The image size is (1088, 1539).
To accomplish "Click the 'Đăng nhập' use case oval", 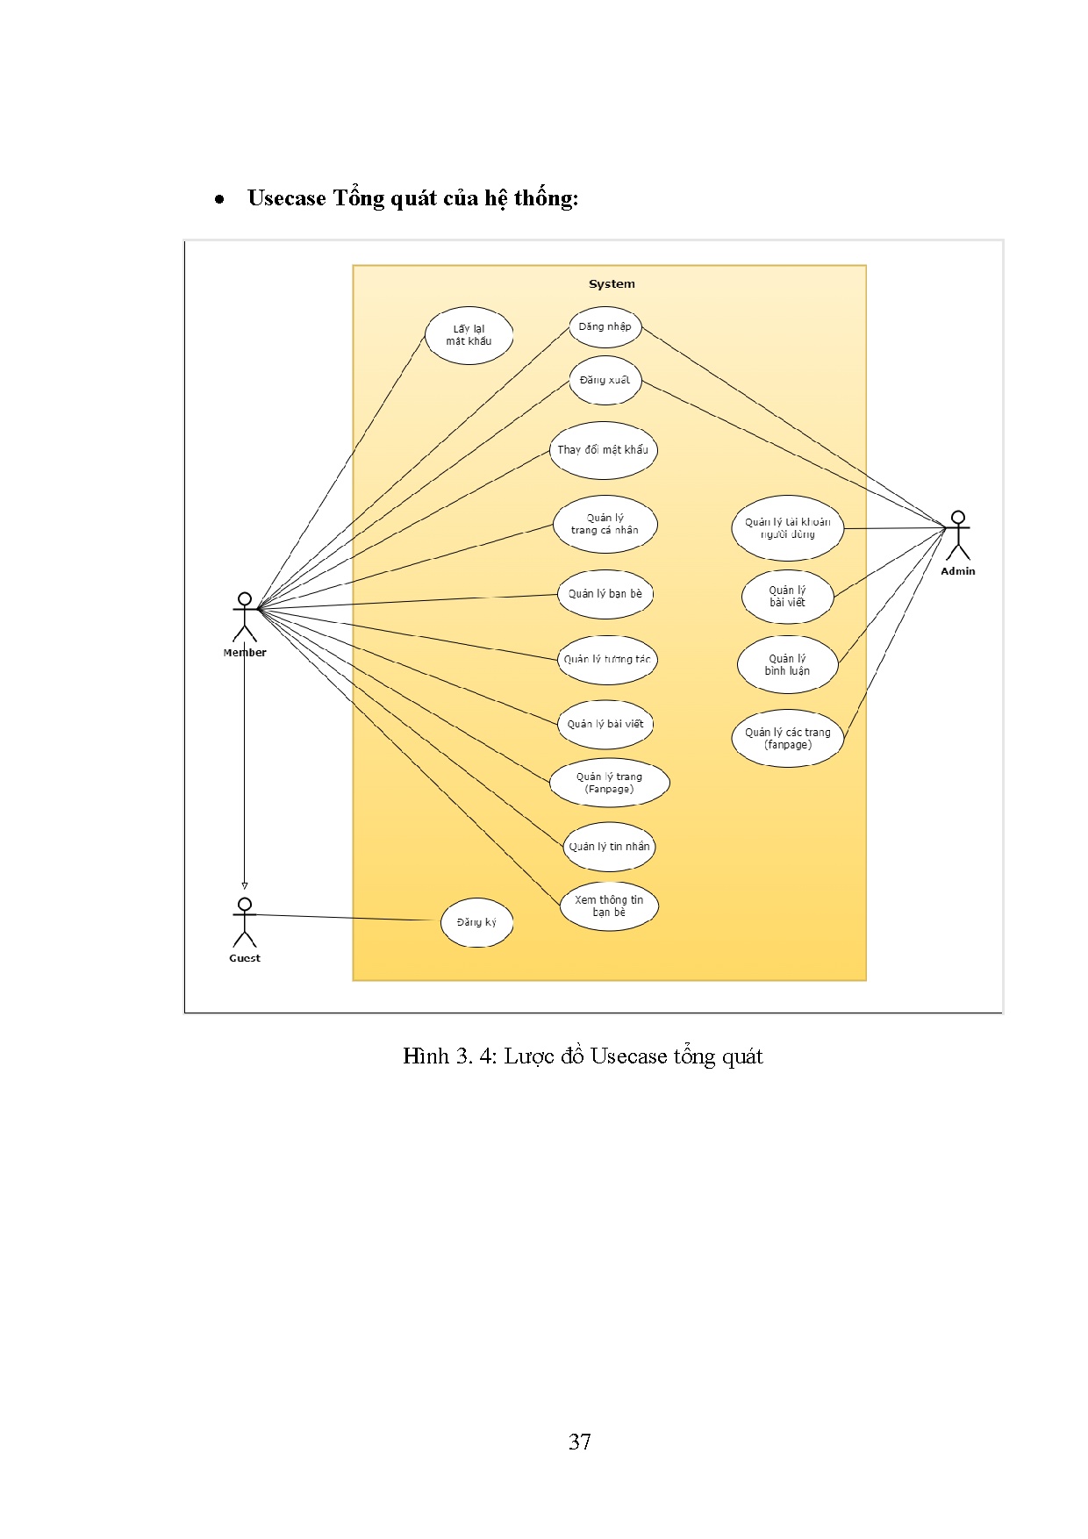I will click(605, 327).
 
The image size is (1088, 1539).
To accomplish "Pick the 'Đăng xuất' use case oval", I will click(605, 381).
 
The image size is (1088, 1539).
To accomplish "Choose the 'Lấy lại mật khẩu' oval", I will click(469, 336).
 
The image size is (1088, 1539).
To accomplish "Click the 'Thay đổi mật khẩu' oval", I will click(604, 450).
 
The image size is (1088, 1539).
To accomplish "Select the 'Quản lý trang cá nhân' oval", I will click(605, 525).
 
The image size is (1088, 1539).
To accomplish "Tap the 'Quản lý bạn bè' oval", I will click(605, 594).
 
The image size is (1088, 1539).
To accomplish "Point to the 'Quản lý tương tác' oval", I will click(607, 660).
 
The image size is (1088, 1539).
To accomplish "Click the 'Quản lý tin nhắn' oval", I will click(609, 847).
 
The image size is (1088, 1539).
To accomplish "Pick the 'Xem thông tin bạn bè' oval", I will click(609, 906).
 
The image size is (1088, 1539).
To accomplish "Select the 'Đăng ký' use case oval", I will click(476, 922).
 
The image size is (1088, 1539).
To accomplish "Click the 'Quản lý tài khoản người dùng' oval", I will click(788, 528).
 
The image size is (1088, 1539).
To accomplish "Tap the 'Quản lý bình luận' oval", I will click(788, 665).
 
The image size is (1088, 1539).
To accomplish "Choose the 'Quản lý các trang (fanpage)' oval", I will click(788, 739).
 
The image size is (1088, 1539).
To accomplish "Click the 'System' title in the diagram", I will click(612, 284).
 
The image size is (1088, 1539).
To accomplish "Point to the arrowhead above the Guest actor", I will click(245, 886).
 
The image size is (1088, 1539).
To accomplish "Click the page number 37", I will click(580, 1442).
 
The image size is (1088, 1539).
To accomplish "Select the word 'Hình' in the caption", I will click(426, 1056).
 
